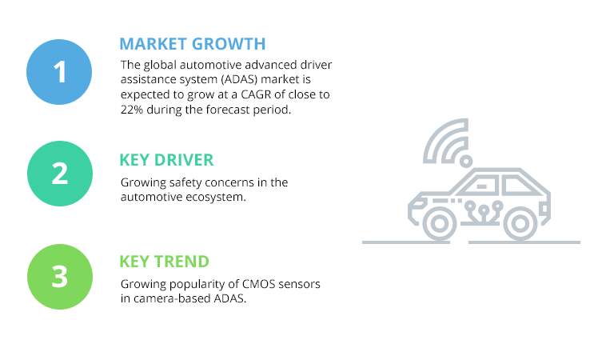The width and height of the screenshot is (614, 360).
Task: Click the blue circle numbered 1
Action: [x=60, y=71]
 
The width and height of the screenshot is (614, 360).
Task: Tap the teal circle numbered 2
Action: [x=60, y=174]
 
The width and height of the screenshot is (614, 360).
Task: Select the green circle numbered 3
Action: [x=60, y=276]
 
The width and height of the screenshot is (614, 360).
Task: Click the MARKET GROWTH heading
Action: [x=192, y=43]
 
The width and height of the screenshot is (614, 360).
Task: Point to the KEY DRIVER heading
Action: [x=166, y=159]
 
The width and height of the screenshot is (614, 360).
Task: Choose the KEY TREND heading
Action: [x=164, y=262]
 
